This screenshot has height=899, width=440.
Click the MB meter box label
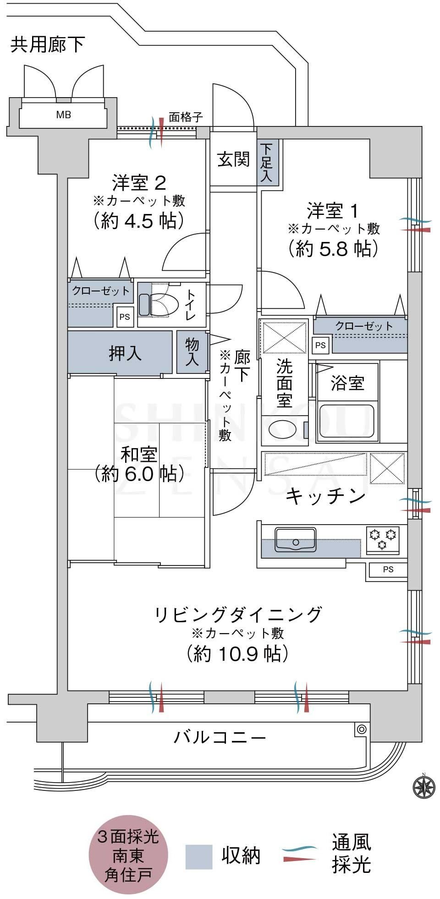(64, 115)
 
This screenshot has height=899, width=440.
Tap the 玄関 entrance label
(233, 159)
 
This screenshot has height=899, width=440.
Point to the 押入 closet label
(125, 352)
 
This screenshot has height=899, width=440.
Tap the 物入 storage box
(192, 352)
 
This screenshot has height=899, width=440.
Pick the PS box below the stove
(388, 570)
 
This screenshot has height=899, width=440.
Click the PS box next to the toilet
(125, 317)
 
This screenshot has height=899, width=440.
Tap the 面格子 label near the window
(186, 117)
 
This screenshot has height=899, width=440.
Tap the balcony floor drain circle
(361, 729)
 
